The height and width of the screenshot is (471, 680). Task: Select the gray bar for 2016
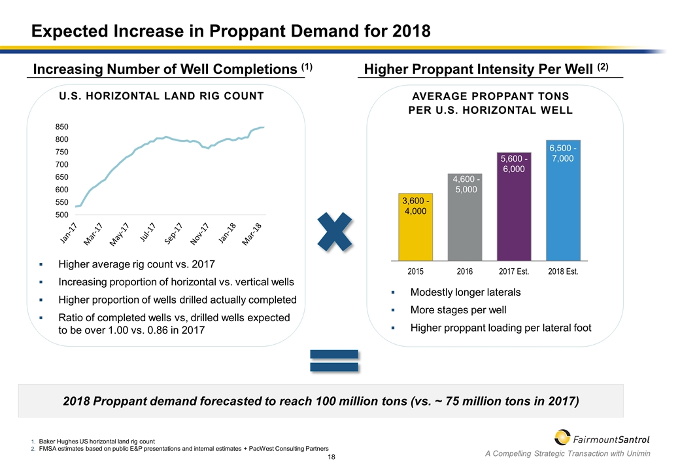point(464,219)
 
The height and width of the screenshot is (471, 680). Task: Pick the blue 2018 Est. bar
point(563,200)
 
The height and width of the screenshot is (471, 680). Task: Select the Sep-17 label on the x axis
point(173,235)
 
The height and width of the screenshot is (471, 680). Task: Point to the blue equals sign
point(334,361)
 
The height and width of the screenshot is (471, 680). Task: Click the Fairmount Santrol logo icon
point(562,438)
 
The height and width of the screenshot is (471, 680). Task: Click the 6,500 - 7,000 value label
point(563,154)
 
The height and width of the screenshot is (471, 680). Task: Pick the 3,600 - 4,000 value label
point(415,206)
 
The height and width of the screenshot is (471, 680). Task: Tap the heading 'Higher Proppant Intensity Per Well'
point(484,68)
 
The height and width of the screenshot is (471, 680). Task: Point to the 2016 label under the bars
point(464,270)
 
